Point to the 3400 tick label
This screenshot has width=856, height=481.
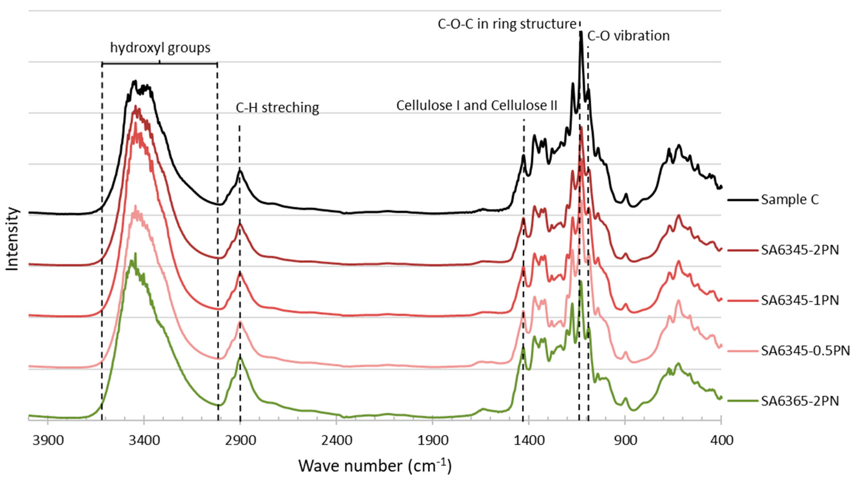[144, 441]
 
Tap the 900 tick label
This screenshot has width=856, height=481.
[625, 441]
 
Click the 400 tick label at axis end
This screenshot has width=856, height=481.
[721, 441]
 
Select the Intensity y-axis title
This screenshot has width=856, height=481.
[12, 239]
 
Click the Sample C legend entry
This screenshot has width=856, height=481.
[790, 200]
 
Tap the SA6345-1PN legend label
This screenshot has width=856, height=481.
[800, 300]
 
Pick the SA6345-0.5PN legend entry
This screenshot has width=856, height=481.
[805, 351]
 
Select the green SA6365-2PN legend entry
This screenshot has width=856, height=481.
[800, 401]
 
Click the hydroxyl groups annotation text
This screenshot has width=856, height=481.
[160, 48]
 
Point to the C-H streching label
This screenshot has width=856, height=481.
[277, 108]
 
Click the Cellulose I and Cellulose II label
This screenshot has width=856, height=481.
[476, 105]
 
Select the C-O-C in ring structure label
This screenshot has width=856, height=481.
[507, 24]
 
